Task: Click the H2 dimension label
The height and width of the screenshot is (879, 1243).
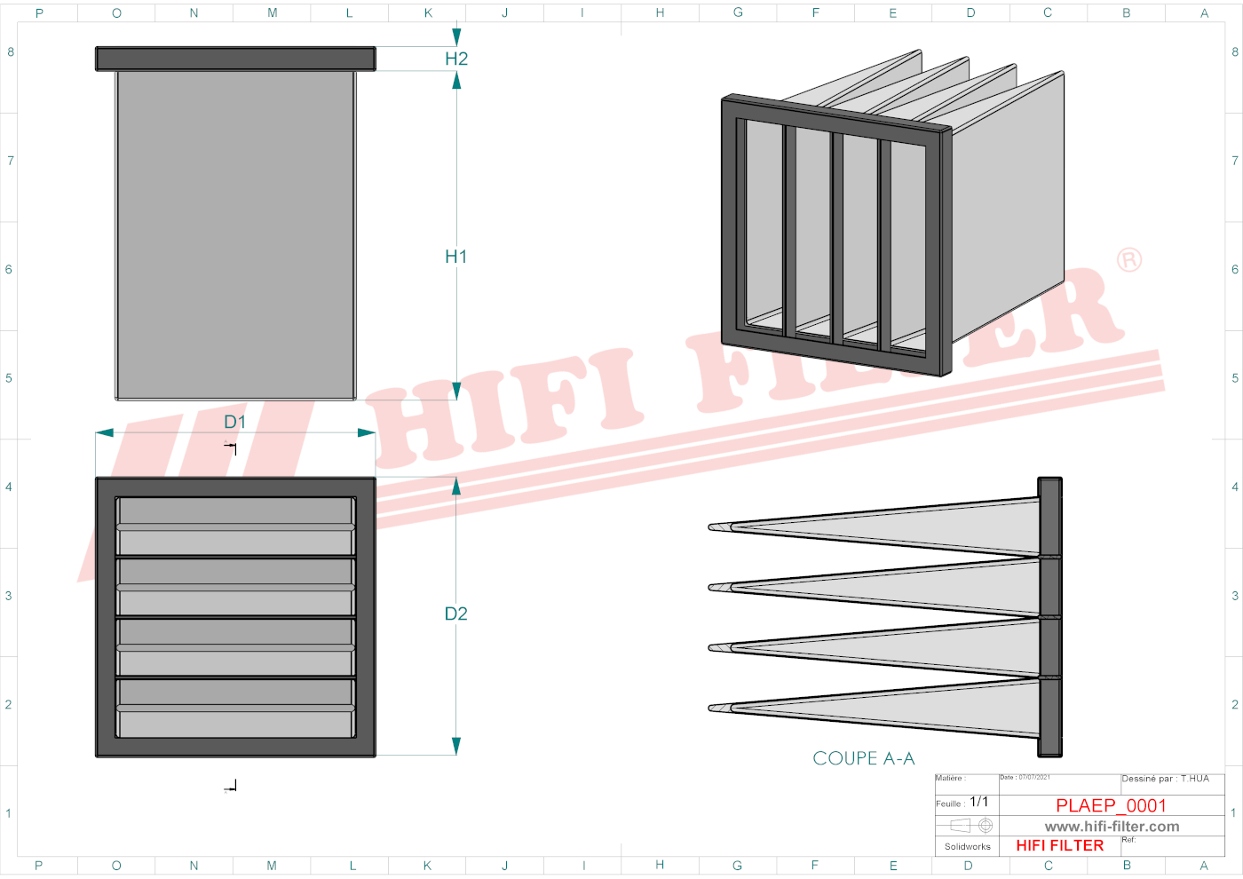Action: pyautogui.click(x=456, y=59)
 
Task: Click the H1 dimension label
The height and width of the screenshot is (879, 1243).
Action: pyautogui.click(x=455, y=257)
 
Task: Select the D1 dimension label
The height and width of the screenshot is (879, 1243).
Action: pyautogui.click(x=234, y=422)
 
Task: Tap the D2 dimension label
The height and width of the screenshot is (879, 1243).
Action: pyautogui.click(x=455, y=614)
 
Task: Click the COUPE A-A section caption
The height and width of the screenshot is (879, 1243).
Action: pyautogui.click(x=863, y=758)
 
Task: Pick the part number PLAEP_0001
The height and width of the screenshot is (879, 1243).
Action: pyautogui.click(x=1111, y=805)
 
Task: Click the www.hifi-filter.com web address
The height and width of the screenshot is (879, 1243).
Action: pyautogui.click(x=1112, y=827)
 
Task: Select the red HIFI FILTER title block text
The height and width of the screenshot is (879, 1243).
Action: pyautogui.click(x=1059, y=845)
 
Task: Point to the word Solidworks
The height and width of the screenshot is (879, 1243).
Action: pyautogui.click(x=967, y=847)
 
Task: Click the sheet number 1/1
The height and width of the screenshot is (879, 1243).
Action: pyautogui.click(x=978, y=802)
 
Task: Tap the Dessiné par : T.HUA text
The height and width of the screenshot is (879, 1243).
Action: pyautogui.click(x=1165, y=779)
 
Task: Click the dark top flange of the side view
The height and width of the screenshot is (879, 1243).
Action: pyautogui.click(x=235, y=59)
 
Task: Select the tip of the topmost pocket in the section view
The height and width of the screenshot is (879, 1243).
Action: pyautogui.click(x=713, y=527)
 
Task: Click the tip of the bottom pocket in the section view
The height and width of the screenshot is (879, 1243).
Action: pyautogui.click(x=713, y=708)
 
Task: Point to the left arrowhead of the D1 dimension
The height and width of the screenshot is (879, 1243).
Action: pyautogui.click(x=104, y=432)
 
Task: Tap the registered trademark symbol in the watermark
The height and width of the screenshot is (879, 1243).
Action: pyautogui.click(x=1129, y=260)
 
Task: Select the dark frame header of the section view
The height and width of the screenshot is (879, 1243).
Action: pyautogui.click(x=1050, y=617)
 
